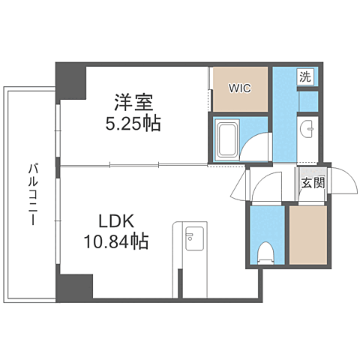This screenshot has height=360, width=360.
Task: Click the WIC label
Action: click(239, 86)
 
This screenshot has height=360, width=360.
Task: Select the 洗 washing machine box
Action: click(305, 76)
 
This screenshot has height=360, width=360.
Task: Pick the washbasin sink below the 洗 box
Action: click(309, 130)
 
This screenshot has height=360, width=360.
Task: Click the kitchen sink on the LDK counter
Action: click(190, 238)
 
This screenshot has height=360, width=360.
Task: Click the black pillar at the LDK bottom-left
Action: click(76, 286)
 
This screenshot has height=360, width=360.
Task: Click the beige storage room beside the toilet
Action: click(307, 234)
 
